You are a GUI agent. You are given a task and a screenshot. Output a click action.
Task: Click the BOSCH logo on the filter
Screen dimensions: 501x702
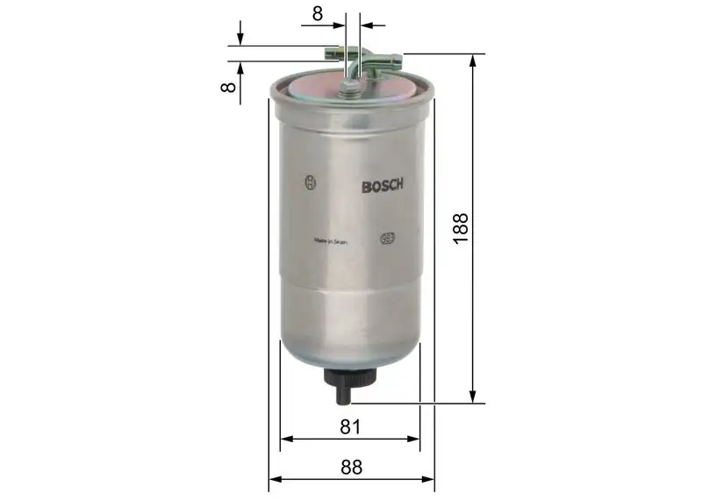[382, 185]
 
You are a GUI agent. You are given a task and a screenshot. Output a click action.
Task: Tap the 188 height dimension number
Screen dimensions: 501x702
[462, 227]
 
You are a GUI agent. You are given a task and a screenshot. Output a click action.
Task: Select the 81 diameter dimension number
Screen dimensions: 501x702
[351, 426]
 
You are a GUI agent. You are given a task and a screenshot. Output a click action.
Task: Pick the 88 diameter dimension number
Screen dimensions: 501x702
[351, 467]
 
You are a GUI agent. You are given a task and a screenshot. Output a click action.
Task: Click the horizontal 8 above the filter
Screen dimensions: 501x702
[317, 13]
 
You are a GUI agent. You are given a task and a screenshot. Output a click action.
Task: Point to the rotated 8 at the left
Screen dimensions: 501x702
[227, 87]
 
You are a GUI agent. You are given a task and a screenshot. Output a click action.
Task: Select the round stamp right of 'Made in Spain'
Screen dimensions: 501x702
[385, 237]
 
